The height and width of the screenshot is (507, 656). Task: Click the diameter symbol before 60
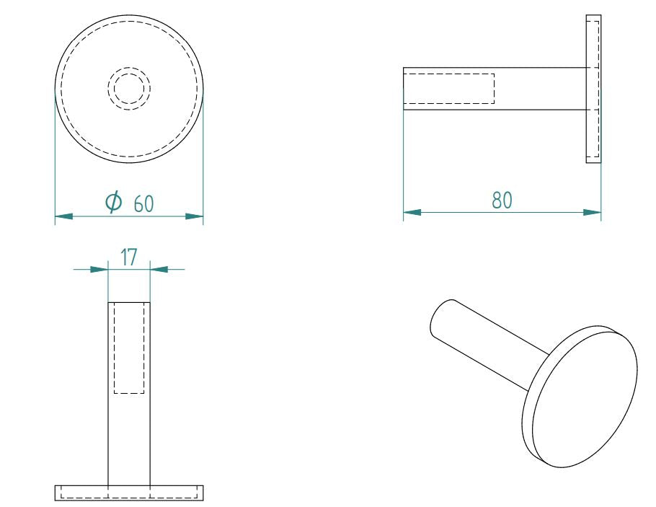pos(113,203)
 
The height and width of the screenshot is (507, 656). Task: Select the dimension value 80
pos(502,200)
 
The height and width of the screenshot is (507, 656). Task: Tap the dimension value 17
pos(128,257)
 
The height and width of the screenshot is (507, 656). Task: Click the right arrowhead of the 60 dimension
pos(194,216)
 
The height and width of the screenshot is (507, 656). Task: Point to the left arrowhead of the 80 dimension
pos(412,212)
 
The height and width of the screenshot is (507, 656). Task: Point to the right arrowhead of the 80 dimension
pos(592,212)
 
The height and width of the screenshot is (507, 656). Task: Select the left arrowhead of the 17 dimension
pos(99,269)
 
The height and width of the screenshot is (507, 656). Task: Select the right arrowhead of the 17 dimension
pos(159,269)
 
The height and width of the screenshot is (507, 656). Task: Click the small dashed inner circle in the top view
pos(129,89)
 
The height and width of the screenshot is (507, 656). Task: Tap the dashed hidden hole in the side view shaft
pos(448,88)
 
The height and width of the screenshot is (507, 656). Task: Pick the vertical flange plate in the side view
pos(593,88)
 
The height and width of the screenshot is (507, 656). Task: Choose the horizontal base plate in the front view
pos(129,493)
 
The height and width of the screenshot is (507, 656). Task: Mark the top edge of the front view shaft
pos(129,302)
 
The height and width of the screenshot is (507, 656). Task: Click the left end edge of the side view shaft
pos(403,88)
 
